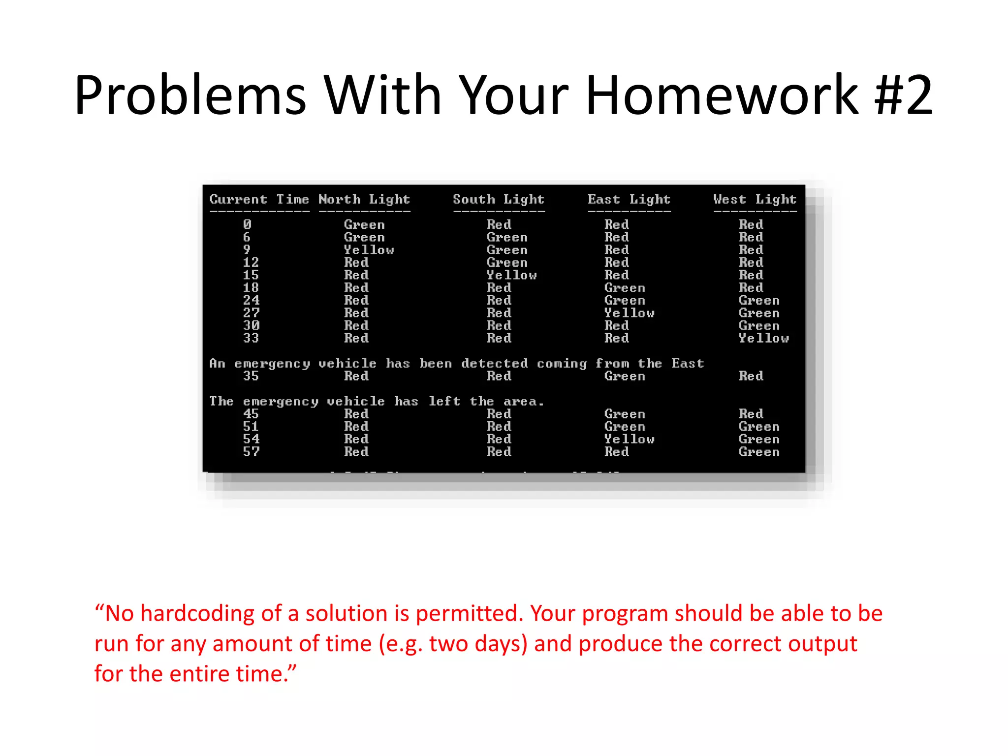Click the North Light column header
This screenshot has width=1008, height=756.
[x=364, y=199]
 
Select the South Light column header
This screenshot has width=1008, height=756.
[x=498, y=199]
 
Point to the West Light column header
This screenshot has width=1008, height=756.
[x=755, y=199]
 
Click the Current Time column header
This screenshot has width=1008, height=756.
[x=259, y=199]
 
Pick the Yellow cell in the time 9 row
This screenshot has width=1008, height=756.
[x=369, y=250]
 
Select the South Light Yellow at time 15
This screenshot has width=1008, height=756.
[x=511, y=275]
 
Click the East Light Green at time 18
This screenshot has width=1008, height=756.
[x=624, y=288]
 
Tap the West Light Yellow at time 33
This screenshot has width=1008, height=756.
[x=763, y=338]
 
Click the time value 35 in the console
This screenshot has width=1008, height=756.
[x=251, y=376]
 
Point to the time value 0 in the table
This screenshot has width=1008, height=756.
[x=247, y=224]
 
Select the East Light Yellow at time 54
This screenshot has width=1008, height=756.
[x=629, y=439]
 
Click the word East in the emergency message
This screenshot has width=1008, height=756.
[x=688, y=364]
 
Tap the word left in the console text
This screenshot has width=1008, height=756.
[x=444, y=402]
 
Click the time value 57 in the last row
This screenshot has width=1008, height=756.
[x=251, y=452]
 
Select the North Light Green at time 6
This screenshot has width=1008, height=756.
[x=364, y=237]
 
